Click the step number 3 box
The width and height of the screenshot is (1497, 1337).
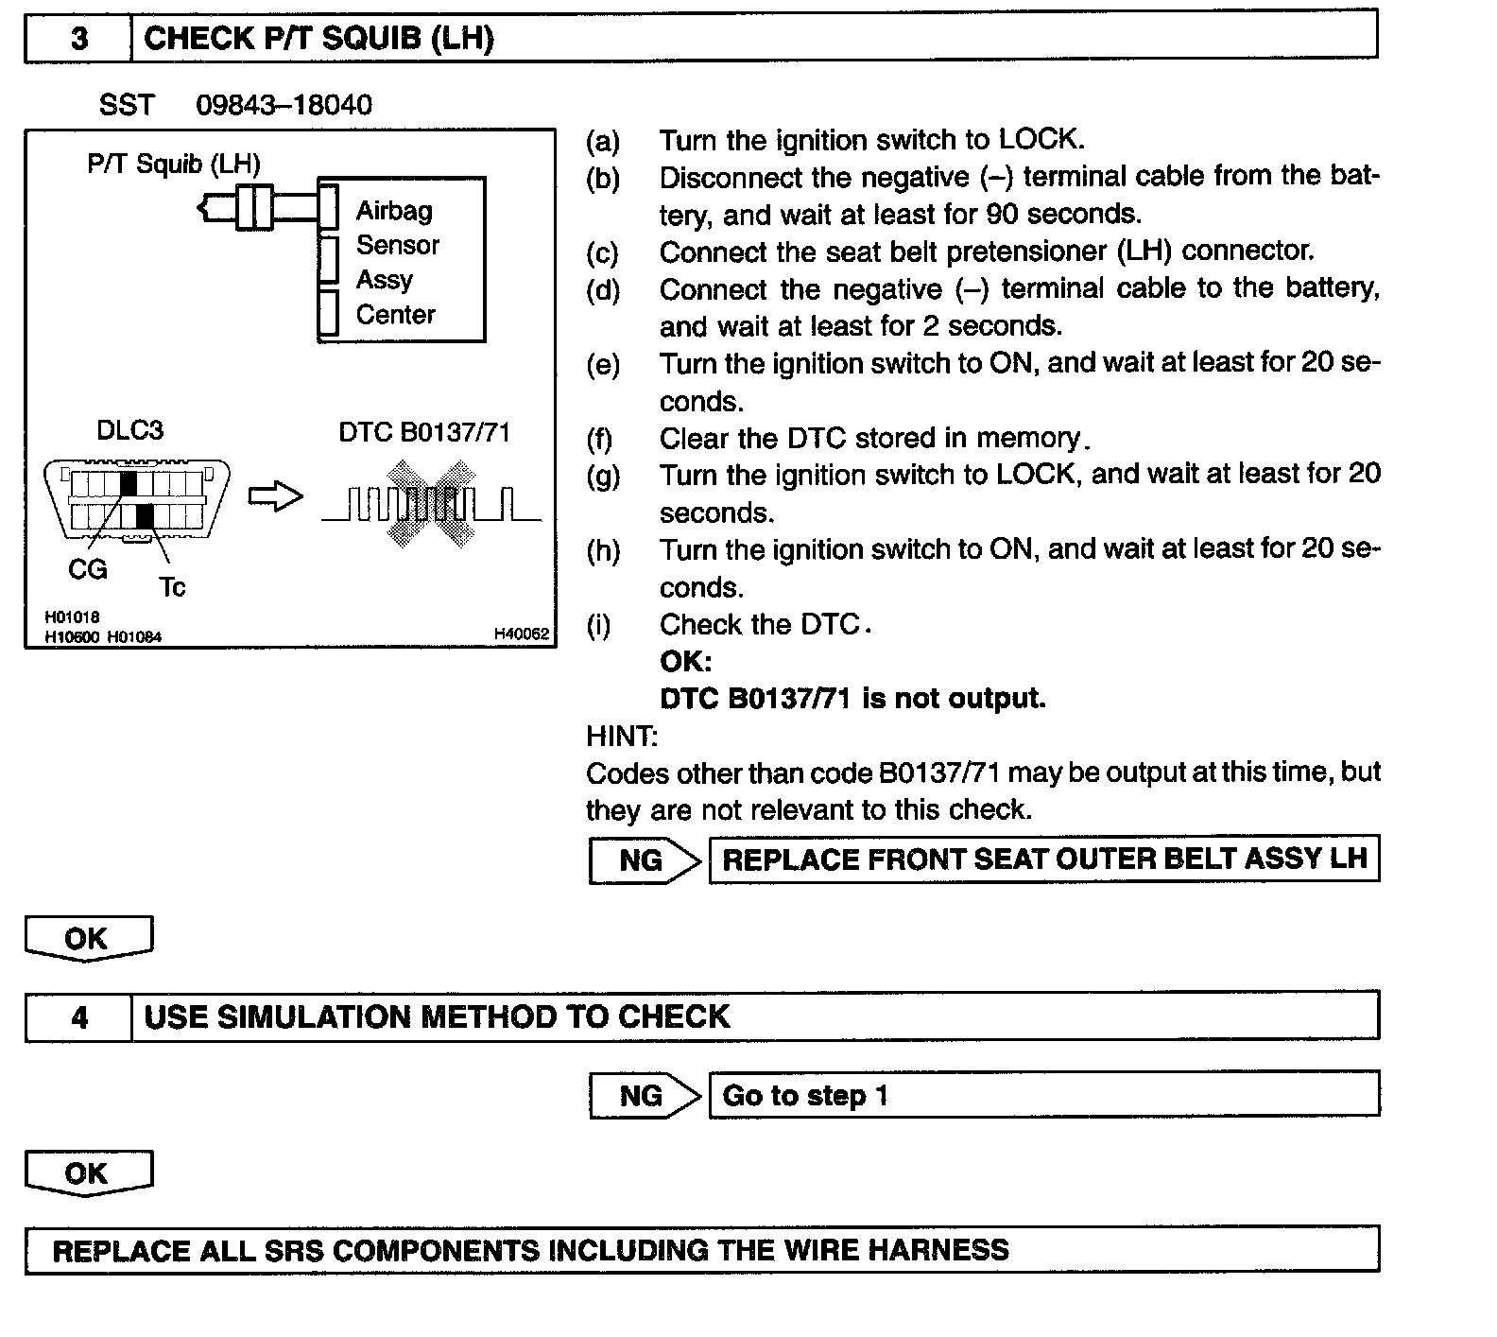point(78,39)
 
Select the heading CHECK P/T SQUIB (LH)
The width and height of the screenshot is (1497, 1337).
point(318,39)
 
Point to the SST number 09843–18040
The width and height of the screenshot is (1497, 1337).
point(284,104)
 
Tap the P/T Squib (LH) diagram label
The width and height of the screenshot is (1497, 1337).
point(173,164)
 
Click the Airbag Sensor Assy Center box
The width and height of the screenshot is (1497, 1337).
point(401,261)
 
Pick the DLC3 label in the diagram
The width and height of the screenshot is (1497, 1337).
point(129,430)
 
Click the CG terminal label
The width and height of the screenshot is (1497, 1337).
point(88,569)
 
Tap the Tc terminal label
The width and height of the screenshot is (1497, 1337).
point(172,587)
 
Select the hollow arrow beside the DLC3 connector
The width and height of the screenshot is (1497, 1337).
point(275,497)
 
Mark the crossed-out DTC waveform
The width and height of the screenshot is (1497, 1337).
point(431,502)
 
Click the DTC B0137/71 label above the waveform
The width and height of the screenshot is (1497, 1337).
point(424,432)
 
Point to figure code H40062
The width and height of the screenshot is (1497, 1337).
point(521,634)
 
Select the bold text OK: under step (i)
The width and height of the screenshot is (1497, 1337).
point(685,661)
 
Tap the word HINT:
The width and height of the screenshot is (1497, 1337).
point(621,736)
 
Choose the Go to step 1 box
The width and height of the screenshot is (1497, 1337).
point(1043,1095)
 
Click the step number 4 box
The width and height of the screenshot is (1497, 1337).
point(78,1017)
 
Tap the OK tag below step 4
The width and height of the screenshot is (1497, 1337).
point(87,1173)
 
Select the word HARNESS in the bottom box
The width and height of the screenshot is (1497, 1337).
point(938,1250)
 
